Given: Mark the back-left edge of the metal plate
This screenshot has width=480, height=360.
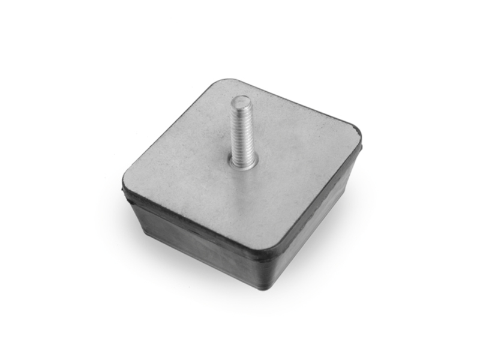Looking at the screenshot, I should tap(171, 129).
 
